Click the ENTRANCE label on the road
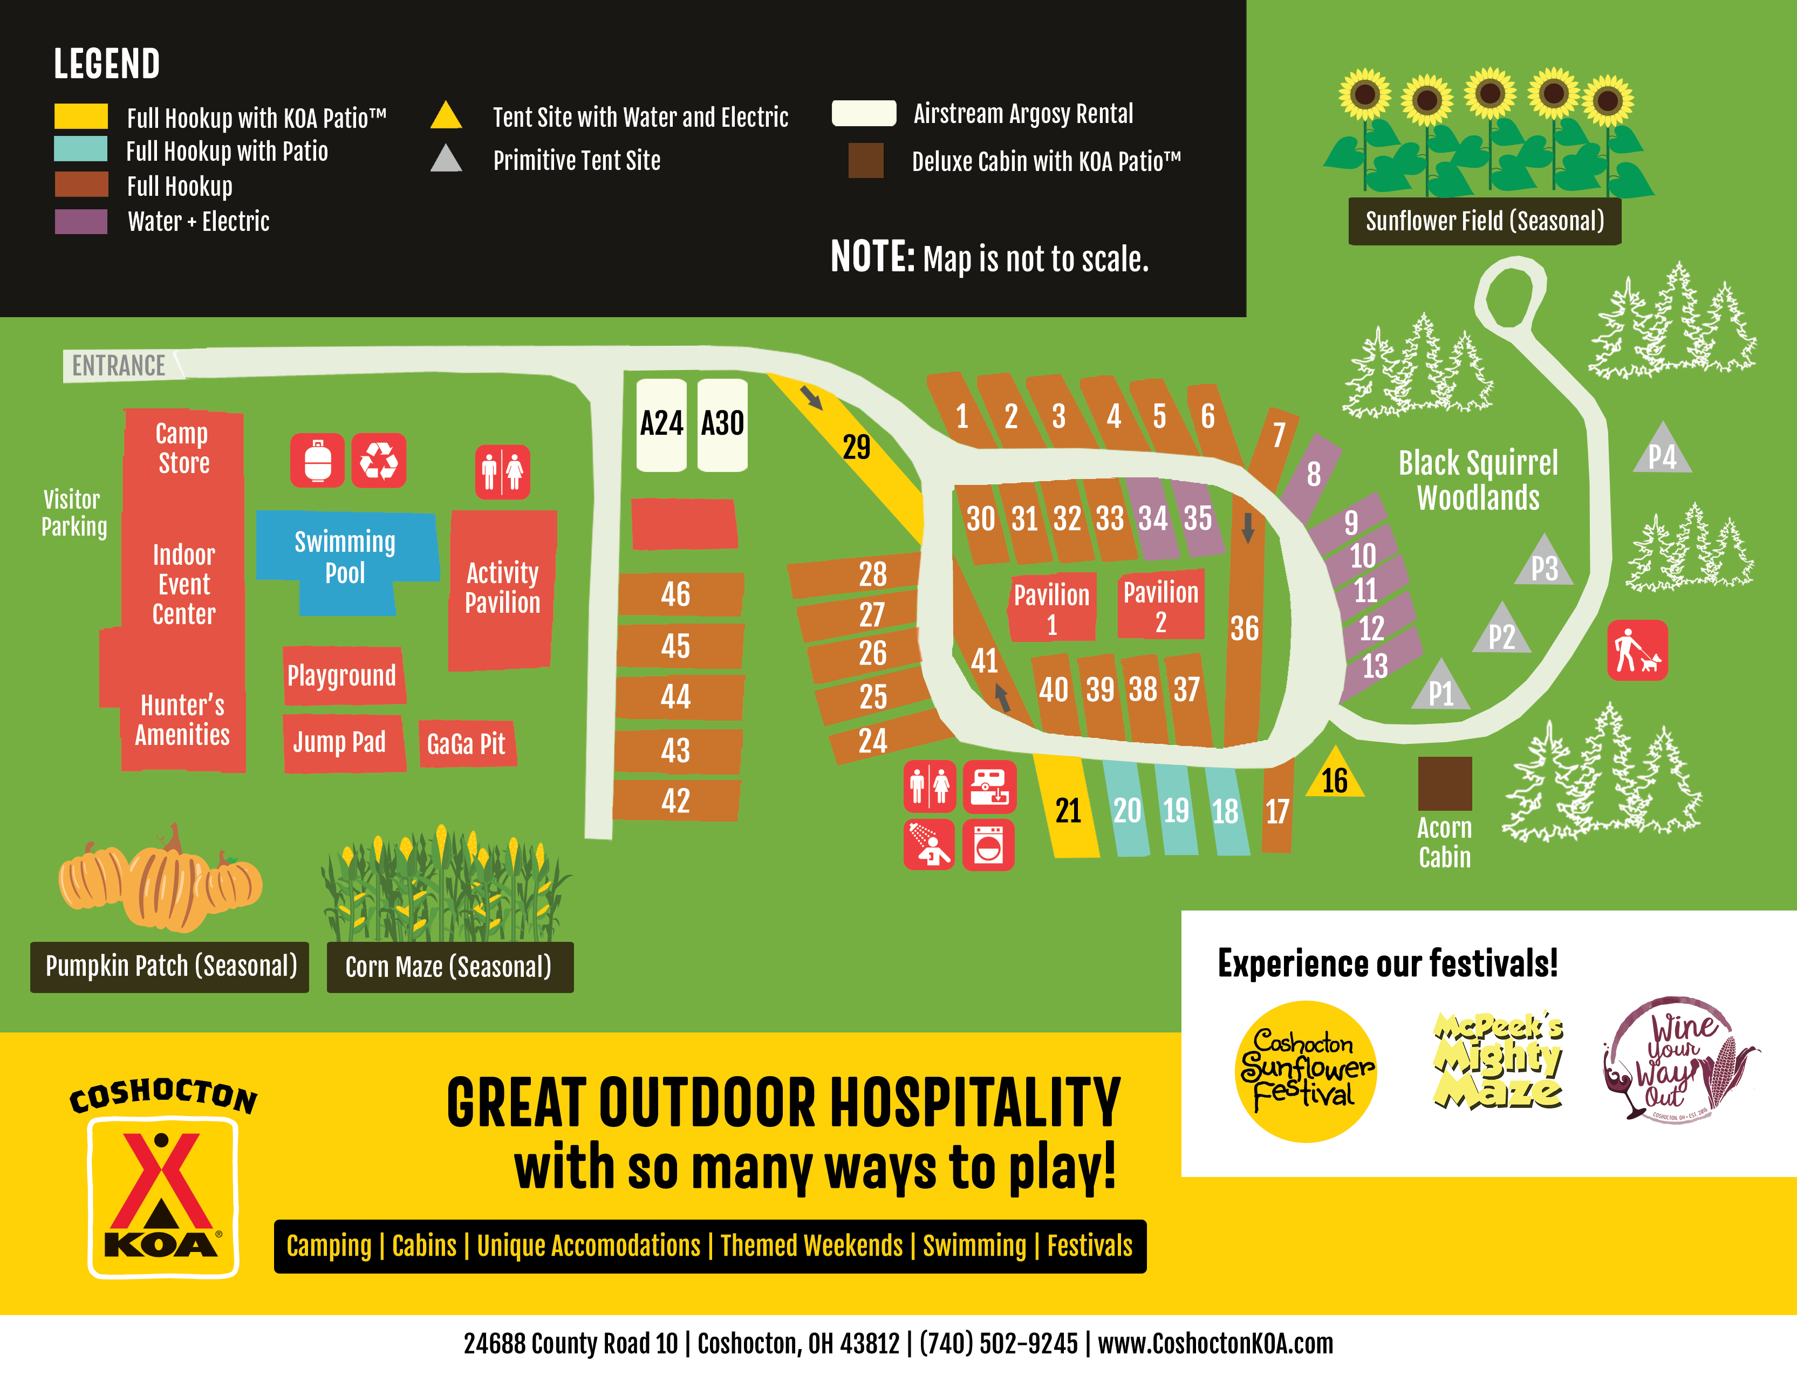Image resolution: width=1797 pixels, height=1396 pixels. (x=119, y=365)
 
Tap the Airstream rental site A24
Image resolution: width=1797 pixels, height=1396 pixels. (x=661, y=425)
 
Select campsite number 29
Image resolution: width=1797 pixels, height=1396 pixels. (x=856, y=447)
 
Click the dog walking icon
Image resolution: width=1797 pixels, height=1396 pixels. (x=1637, y=651)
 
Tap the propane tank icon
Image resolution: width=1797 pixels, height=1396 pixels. (x=318, y=461)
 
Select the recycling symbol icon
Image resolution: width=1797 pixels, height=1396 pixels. (x=379, y=461)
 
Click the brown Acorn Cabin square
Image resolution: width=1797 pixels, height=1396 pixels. (x=1444, y=783)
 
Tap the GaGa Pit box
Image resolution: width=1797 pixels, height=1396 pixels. (x=467, y=744)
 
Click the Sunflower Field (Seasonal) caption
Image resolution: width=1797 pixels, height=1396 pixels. (x=1484, y=221)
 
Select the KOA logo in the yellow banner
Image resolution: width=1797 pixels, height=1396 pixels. (x=163, y=1185)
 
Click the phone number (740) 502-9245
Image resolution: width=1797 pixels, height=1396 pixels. (x=997, y=1343)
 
